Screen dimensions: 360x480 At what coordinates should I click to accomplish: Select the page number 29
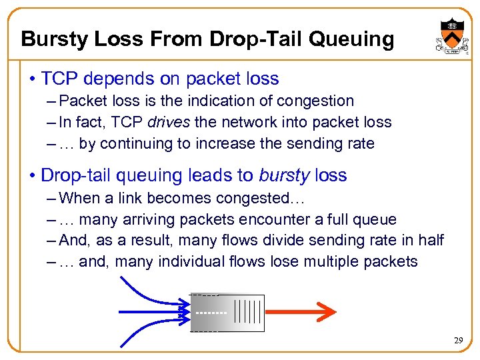[x=458, y=340]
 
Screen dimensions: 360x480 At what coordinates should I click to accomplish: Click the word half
[x=430, y=240]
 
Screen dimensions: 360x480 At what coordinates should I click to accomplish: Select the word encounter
[x=288, y=219]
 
